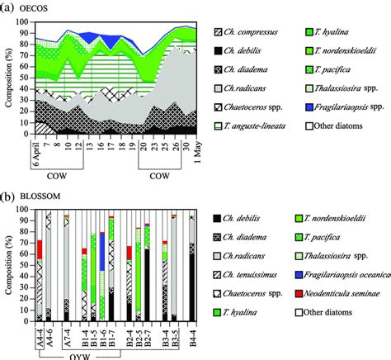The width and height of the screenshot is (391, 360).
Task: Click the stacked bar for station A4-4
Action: pyautogui.click(x=39, y=281)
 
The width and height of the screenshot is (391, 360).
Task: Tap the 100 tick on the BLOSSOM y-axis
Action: pyautogui.click(x=21, y=211)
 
